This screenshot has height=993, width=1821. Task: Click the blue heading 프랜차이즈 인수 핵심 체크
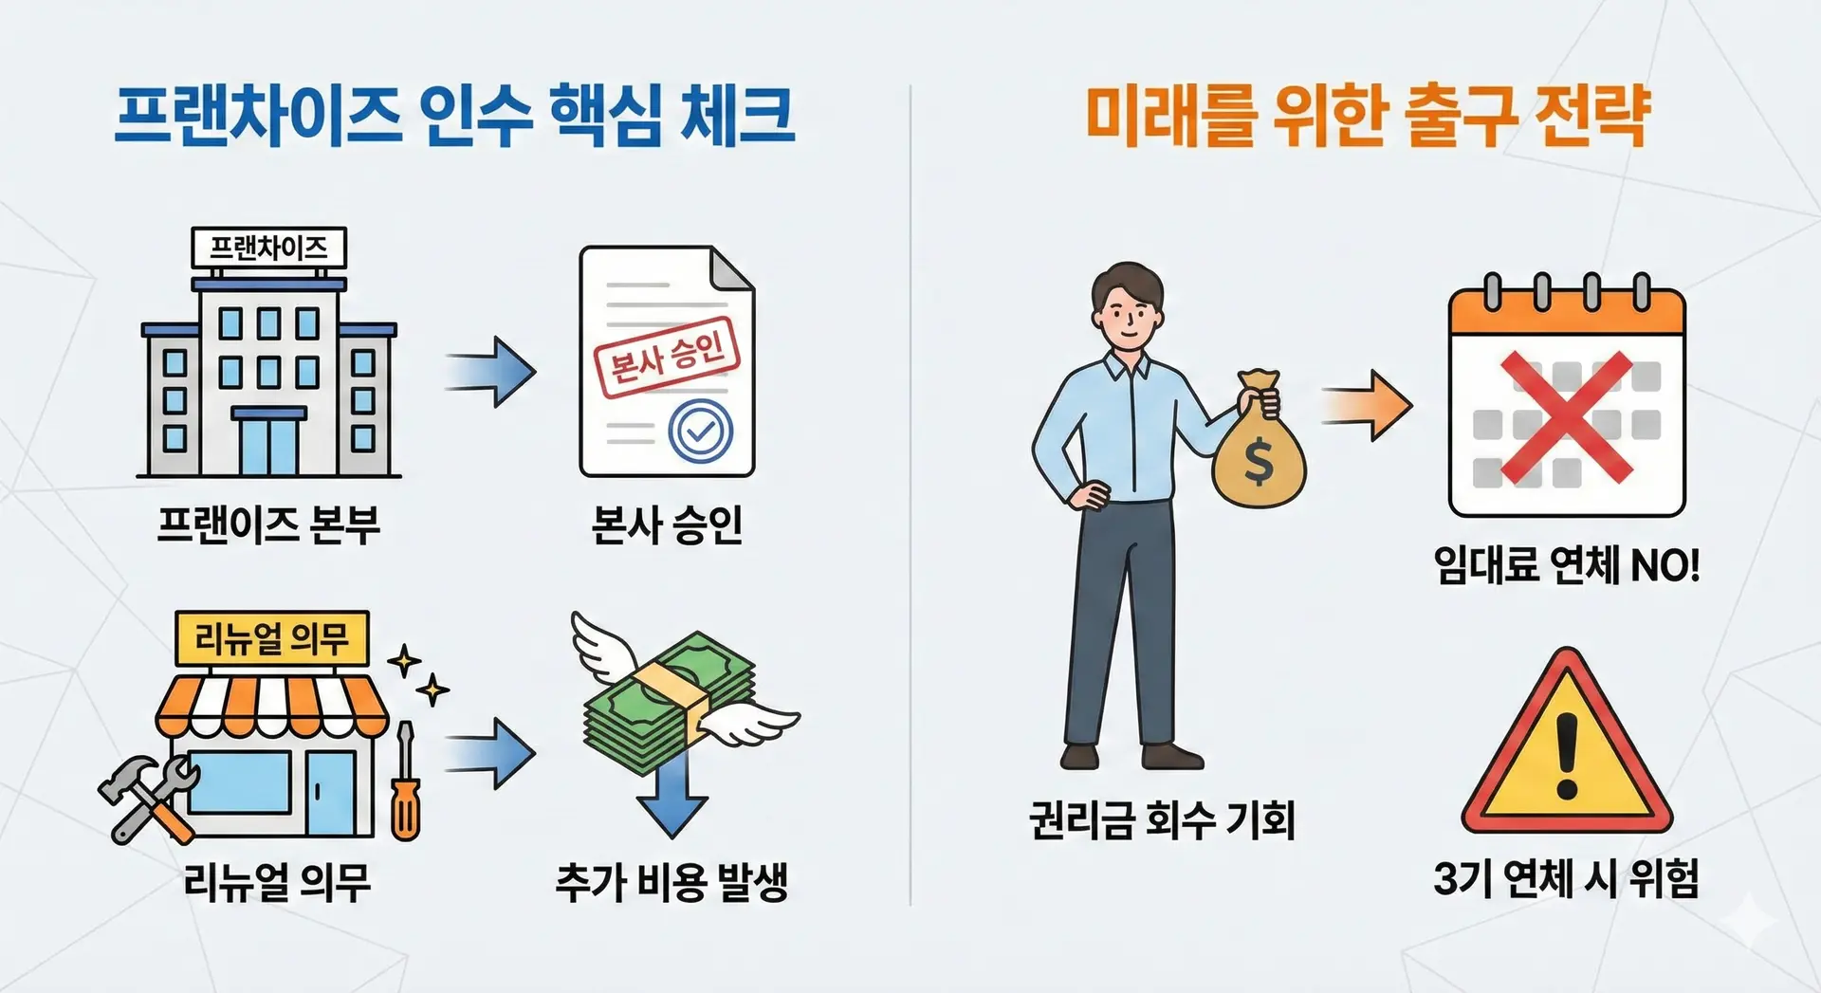pyautogui.click(x=453, y=116)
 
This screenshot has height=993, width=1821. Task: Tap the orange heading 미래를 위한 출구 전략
pyautogui.click(x=1367, y=116)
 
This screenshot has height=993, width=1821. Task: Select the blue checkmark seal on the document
pyautogui.click(x=700, y=432)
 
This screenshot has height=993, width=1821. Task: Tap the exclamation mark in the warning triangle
pyautogui.click(x=1567, y=755)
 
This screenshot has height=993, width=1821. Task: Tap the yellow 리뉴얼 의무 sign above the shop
pyautogui.click(x=272, y=637)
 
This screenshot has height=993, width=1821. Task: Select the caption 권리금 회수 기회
pyautogui.click(x=1162, y=820)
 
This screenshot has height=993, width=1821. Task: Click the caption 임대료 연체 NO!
pyautogui.click(x=1566, y=565)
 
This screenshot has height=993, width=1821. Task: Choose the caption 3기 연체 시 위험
pyautogui.click(x=1566, y=878)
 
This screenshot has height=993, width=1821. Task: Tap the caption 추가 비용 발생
pyautogui.click(x=671, y=882)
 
